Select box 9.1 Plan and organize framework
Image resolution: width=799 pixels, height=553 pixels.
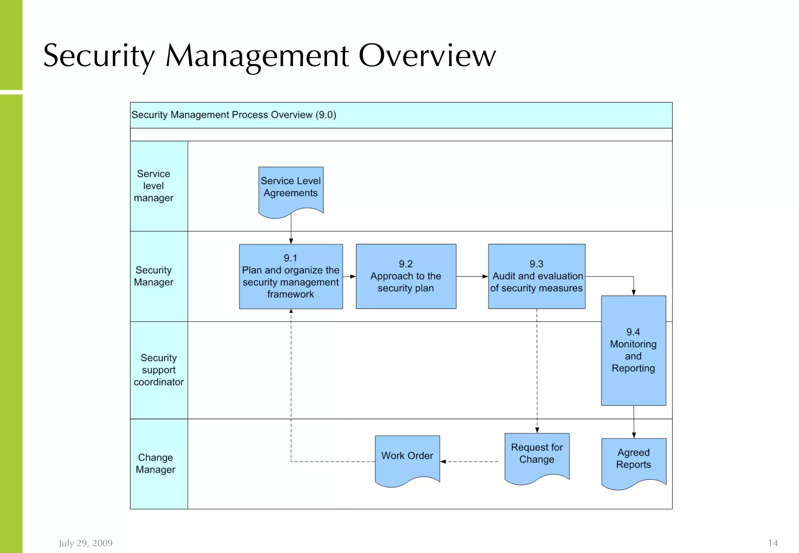(x=291, y=276)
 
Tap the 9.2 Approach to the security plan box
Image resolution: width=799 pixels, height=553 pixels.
(x=406, y=276)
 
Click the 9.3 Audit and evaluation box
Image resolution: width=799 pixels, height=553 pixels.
(x=536, y=276)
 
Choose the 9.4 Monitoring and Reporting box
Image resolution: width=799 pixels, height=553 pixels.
(x=633, y=350)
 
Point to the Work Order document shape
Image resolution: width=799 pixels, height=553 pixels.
(x=407, y=458)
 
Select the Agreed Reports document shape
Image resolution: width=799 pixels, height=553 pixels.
(x=634, y=461)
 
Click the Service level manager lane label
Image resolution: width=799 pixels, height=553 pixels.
(x=153, y=186)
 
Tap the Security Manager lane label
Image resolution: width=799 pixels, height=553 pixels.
(x=153, y=276)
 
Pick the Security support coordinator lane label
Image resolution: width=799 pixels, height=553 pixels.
(x=158, y=370)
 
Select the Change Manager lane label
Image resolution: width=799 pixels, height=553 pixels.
(x=155, y=463)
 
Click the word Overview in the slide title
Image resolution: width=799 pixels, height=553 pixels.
(x=427, y=56)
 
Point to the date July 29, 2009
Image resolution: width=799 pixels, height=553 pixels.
(x=86, y=543)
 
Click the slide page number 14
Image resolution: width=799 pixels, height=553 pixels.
(x=772, y=543)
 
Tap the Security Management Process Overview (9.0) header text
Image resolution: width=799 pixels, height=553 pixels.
(x=234, y=115)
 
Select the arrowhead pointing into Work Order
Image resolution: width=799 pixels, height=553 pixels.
(x=443, y=462)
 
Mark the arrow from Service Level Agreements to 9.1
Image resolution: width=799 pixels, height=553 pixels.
(x=291, y=230)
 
